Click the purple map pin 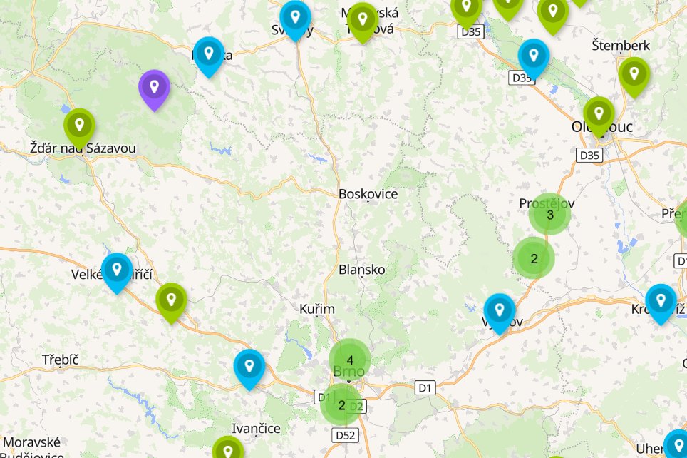click(x=154, y=88)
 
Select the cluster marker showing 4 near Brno click(x=350, y=360)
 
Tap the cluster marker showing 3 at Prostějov click(x=549, y=214)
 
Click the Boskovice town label click(x=368, y=194)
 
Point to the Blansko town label click(x=362, y=270)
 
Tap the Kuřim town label click(x=317, y=309)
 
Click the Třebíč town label click(x=60, y=360)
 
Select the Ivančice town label click(x=257, y=429)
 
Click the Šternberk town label click(x=621, y=46)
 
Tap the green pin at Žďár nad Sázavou click(x=80, y=126)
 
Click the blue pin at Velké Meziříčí click(x=117, y=270)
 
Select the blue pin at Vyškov click(x=500, y=311)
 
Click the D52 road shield click(x=346, y=434)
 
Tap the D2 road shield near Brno click(x=356, y=407)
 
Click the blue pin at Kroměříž click(x=661, y=301)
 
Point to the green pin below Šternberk click(x=633, y=74)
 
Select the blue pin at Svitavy click(x=295, y=19)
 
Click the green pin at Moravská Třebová click(x=363, y=20)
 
